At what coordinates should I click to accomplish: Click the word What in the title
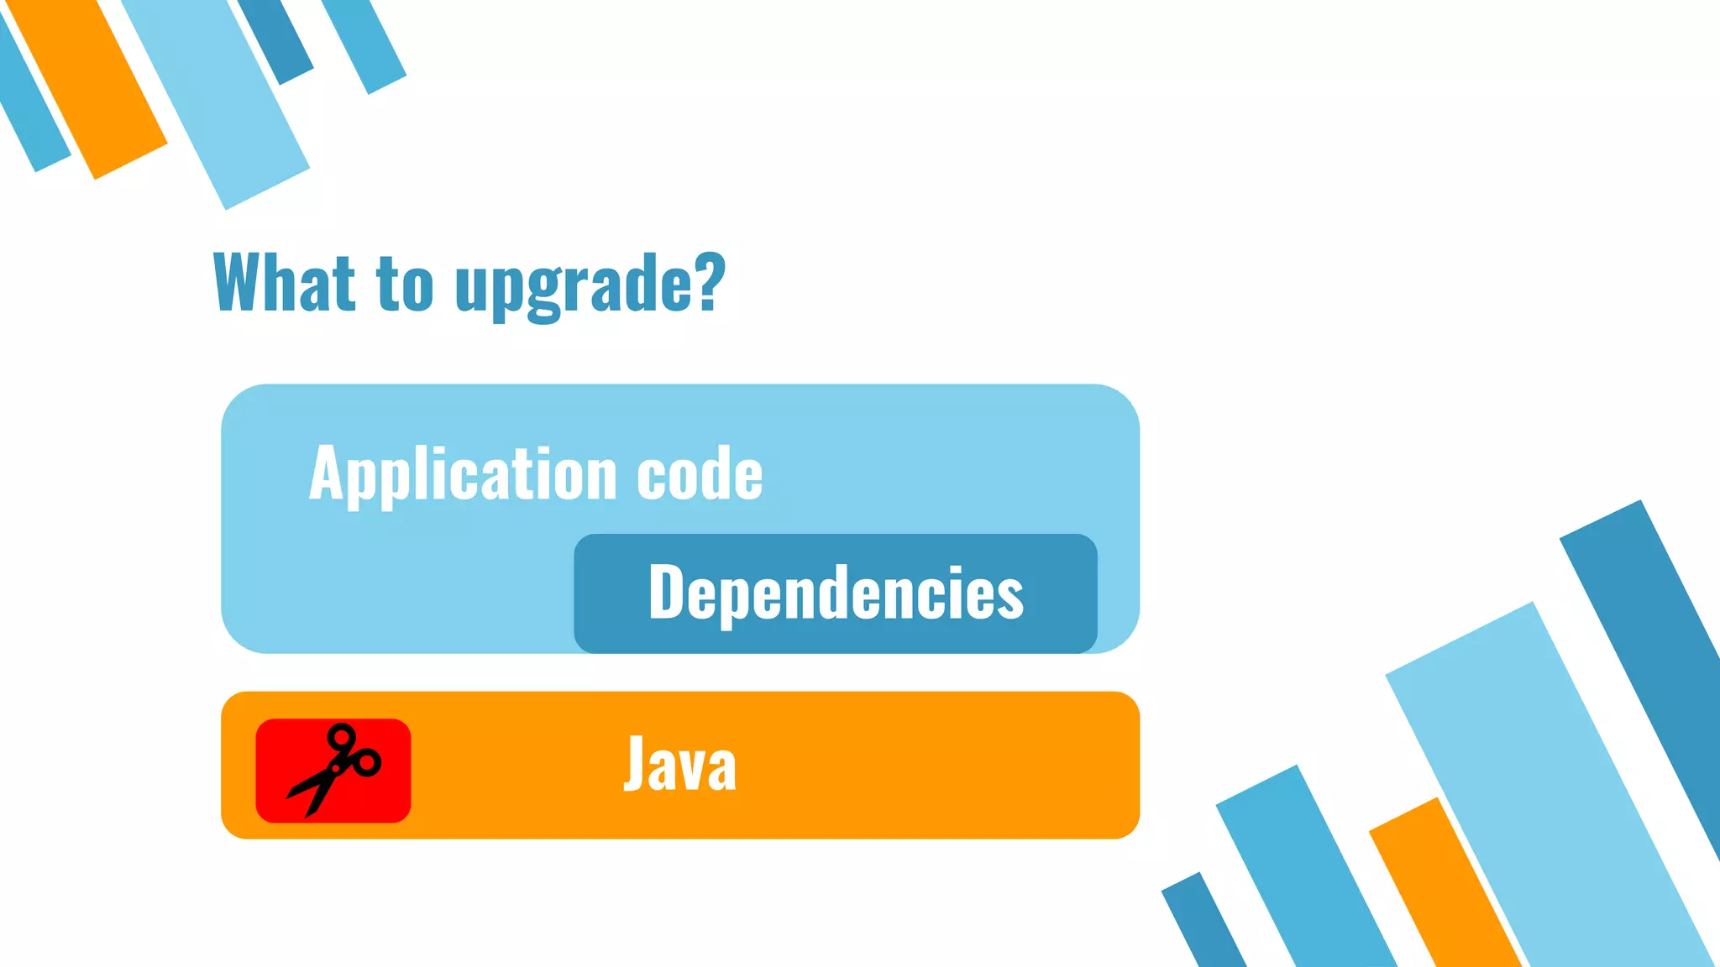pos(283,283)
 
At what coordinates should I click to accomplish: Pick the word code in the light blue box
pos(700,474)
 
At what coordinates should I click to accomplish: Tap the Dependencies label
pos(836,593)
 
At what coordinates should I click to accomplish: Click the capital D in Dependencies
pos(668,592)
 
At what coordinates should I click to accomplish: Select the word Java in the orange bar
pos(679,764)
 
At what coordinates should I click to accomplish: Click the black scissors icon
pos(333,769)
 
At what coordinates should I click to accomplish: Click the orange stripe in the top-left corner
pos(88,88)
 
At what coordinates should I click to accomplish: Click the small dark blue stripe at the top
pos(276,39)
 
